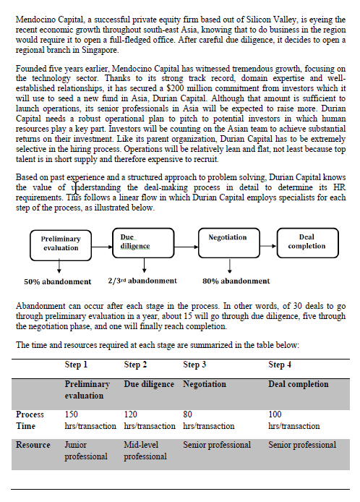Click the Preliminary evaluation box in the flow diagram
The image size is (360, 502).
61,243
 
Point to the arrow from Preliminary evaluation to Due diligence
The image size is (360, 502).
102,244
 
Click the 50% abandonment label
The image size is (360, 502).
58,281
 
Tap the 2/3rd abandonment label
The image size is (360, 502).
142,281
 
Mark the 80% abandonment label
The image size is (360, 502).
236,281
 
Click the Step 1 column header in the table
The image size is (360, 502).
76,365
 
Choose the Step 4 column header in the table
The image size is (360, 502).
280,365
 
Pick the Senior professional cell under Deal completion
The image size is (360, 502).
302,445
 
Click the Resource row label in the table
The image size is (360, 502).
33,445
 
